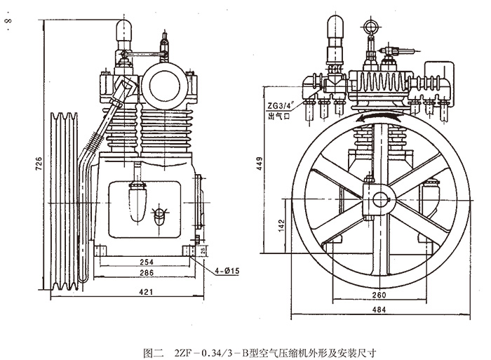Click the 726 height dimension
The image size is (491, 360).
[39, 163]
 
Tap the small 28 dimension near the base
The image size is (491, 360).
[203, 251]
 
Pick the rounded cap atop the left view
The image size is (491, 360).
[125, 28]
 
